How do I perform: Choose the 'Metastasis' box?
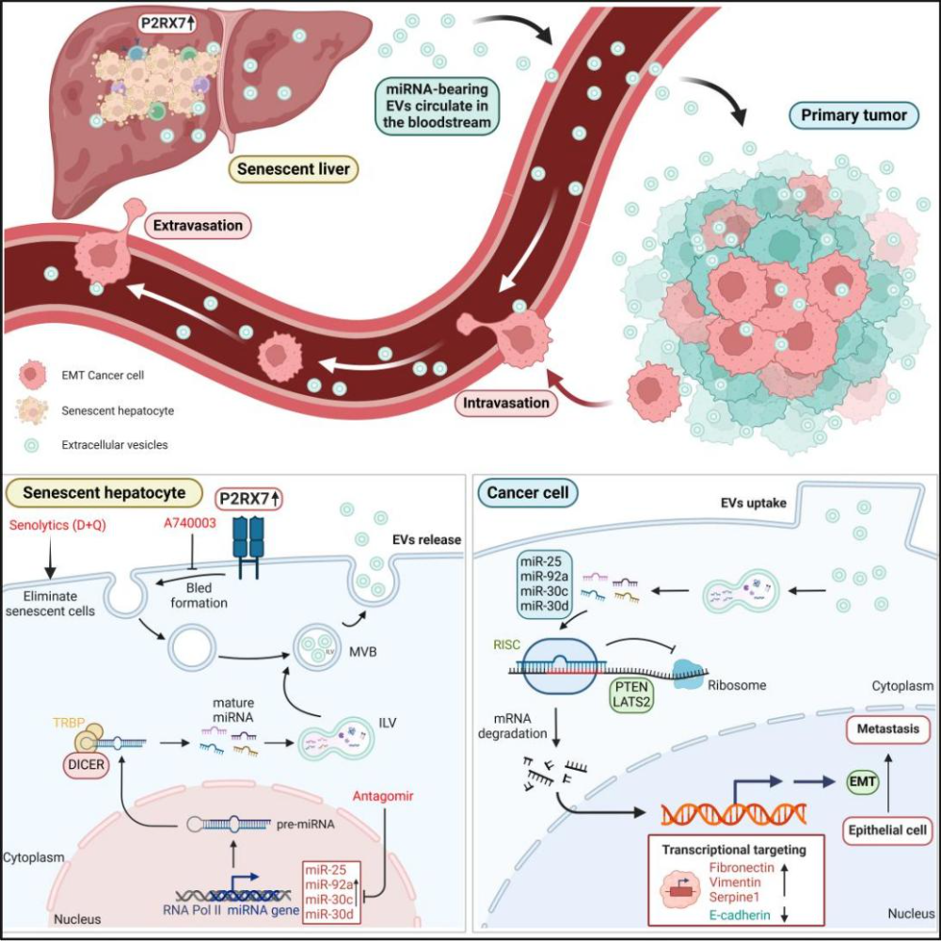tap(888, 730)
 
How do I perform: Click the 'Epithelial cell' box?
tap(888, 832)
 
